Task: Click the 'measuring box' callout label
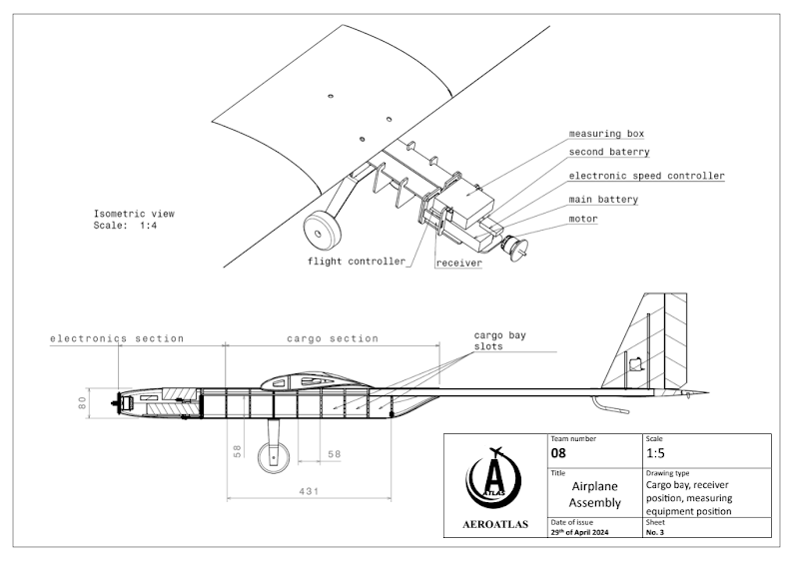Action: point(606,134)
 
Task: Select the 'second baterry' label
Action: point(609,153)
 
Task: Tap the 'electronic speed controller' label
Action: point(646,176)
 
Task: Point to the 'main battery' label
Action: point(603,200)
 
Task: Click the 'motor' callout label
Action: point(583,219)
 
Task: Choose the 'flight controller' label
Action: point(357,262)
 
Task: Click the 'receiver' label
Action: point(459,264)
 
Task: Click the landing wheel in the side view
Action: point(272,458)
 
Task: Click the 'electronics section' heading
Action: point(118,338)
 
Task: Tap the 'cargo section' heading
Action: point(333,338)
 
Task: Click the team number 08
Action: point(559,453)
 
